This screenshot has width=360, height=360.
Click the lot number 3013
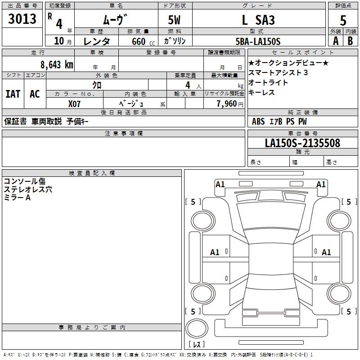22,19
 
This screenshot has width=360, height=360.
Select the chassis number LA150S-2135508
302,143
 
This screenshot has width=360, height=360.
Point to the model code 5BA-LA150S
258,41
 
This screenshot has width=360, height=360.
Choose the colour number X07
75,103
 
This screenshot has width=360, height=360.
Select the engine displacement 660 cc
138,41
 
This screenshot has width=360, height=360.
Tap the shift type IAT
13,94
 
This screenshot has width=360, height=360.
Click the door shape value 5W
175,20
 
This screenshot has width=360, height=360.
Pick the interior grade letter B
350,41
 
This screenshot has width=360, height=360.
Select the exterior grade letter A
335,41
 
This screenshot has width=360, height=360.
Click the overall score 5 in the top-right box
343,20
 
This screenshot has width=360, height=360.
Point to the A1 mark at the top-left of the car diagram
220,184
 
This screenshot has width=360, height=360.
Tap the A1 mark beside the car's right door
326,252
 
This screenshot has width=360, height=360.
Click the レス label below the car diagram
198,345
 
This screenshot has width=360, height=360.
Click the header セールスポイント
302,52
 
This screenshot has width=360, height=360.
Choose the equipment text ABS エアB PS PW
279,121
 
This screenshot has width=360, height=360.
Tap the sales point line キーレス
261,93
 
